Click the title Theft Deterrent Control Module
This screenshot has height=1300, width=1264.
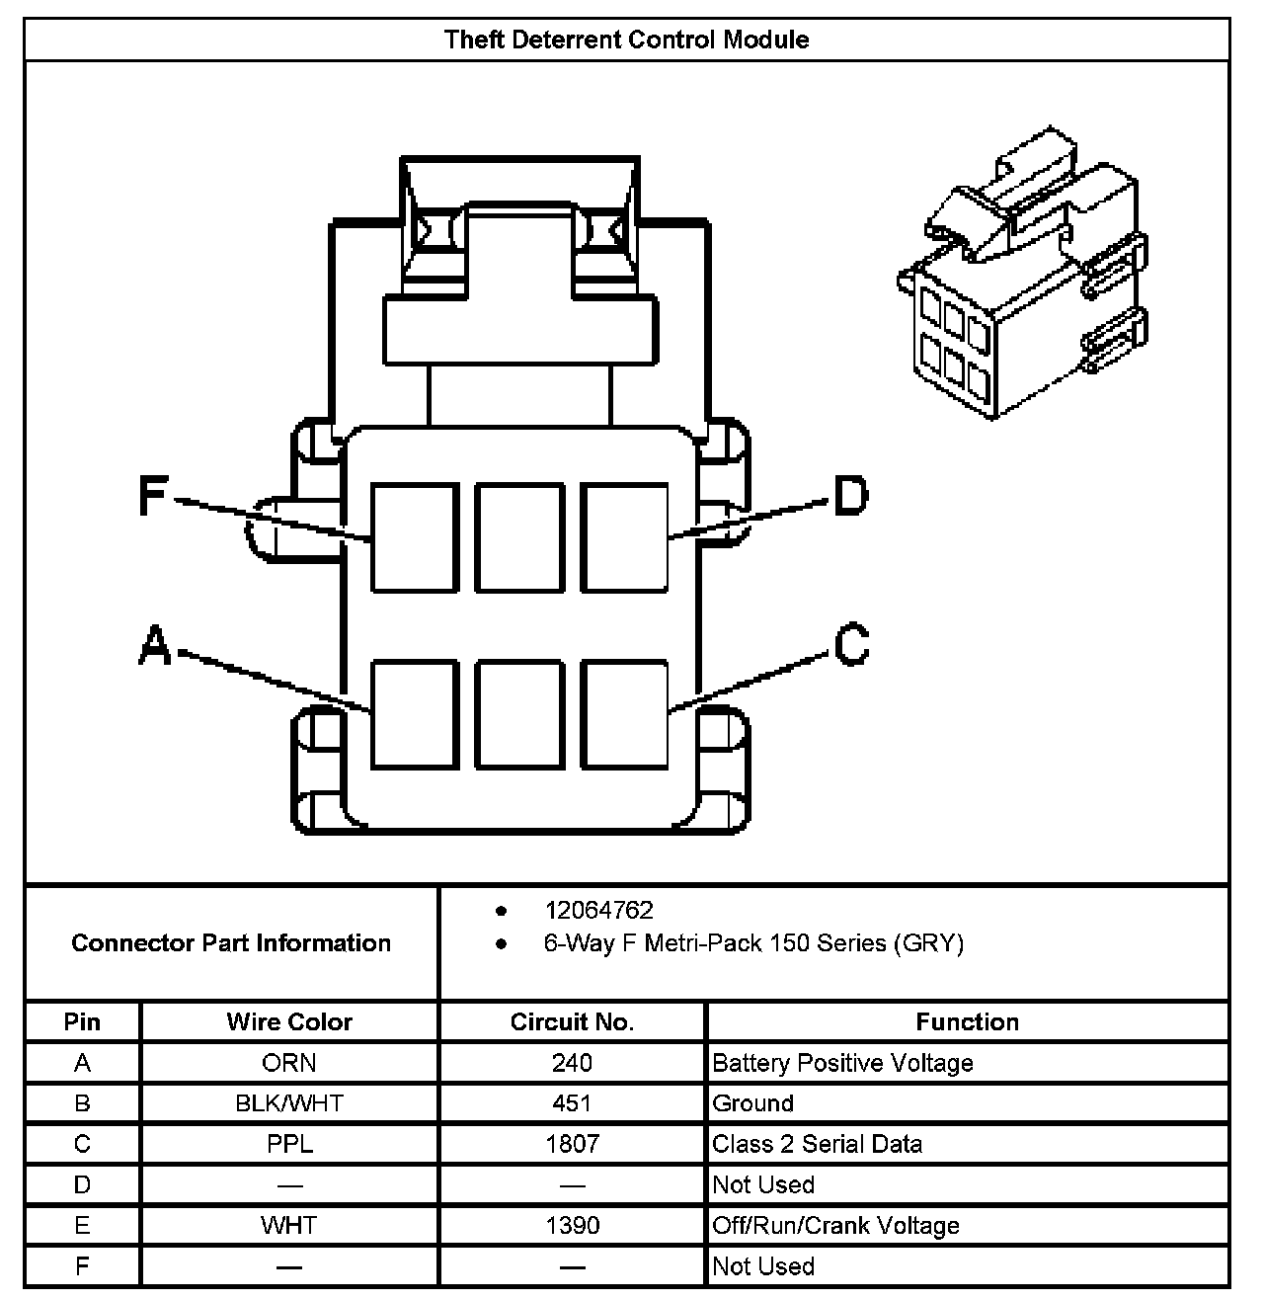(x=626, y=40)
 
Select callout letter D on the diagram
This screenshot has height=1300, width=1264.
(x=850, y=496)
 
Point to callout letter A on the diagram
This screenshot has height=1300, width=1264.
(x=155, y=646)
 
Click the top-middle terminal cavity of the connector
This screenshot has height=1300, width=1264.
(x=518, y=537)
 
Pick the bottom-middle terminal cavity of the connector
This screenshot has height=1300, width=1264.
(x=518, y=713)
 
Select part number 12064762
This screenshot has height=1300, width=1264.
(x=598, y=910)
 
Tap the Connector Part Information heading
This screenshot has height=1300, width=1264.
(x=231, y=942)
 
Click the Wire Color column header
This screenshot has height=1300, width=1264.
(x=289, y=1021)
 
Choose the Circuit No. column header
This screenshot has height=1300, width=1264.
(x=572, y=1021)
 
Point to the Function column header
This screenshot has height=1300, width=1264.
(x=967, y=1021)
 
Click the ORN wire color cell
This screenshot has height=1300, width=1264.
(x=289, y=1063)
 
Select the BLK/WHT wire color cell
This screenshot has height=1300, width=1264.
(x=289, y=1103)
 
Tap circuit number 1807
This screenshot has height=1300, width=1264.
(x=572, y=1144)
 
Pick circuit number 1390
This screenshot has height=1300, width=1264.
(x=572, y=1226)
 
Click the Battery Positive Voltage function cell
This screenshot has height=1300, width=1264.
(x=842, y=1063)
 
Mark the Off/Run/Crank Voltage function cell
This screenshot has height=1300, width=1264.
(x=835, y=1226)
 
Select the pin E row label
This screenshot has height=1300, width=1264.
(x=82, y=1226)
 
